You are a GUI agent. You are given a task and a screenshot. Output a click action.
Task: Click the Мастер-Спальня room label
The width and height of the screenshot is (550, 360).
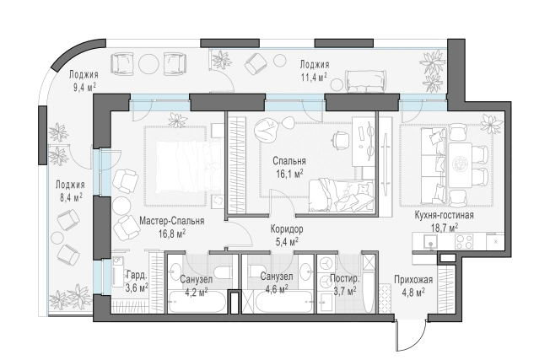(x=171, y=221)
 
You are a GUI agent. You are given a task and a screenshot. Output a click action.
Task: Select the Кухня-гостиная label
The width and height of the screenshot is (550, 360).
(x=444, y=215)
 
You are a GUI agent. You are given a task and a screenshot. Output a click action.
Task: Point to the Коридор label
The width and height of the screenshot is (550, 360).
(x=287, y=229)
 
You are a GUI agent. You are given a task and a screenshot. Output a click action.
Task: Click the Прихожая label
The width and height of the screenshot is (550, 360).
(x=412, y=280)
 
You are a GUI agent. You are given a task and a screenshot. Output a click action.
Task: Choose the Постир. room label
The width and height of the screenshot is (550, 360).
(x=345, y=279)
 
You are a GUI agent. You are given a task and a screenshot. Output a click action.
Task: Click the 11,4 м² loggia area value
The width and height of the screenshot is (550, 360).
(x=314, y=77)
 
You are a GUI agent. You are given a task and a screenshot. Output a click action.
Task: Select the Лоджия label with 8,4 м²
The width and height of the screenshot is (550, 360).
(x=70, y=185)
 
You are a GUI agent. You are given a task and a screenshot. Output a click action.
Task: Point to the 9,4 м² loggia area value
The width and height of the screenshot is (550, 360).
(x=84, y=87)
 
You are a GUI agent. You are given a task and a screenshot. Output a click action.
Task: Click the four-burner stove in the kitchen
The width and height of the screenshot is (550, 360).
(x=464, y=241)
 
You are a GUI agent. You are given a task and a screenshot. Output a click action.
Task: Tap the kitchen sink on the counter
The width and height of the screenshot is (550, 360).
(x=430, y=241)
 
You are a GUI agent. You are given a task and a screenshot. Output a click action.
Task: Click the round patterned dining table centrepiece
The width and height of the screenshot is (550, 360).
(x=459, y=164)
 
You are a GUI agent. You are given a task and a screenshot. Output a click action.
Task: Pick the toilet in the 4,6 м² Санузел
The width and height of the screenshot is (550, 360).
(x=255, y=272)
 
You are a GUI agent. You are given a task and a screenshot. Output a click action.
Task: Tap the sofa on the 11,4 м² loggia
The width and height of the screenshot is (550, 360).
(x=365, y=82)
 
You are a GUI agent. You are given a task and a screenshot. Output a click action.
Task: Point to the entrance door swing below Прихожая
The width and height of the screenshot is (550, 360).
(x=411, y=334)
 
